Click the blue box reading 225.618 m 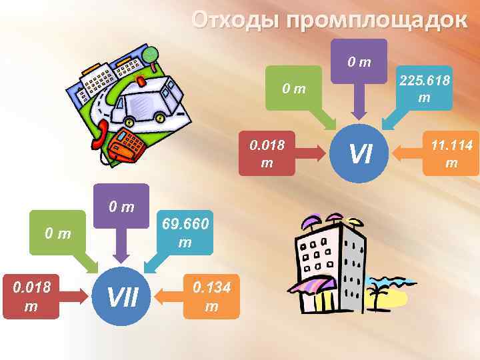pos(424,88)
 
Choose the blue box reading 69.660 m pos(185,233)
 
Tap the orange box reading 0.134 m pos(211,297)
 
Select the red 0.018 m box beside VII pos(30,297)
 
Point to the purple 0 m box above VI pos(359,62)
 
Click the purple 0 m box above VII pos(121,205)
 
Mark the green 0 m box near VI pos(293,87)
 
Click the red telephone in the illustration pos(123,143)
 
